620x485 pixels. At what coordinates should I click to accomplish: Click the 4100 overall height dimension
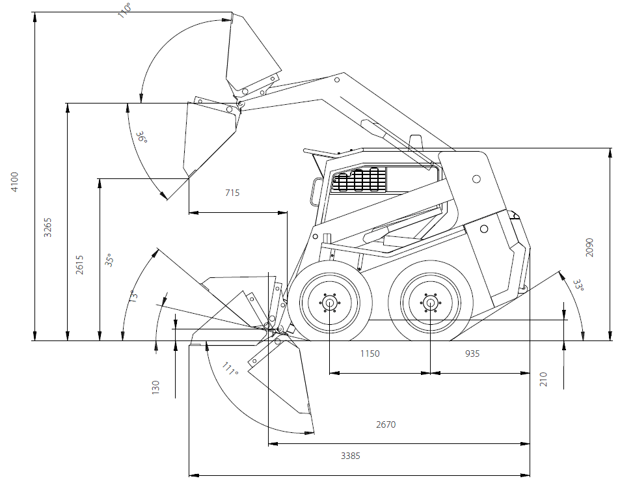pyautogui.click(x=15, y=182)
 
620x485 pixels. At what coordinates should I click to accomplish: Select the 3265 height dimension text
pyautogui.click(x=47, y=226)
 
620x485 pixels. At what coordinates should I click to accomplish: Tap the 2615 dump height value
pyautogui.click(x=79, y=264)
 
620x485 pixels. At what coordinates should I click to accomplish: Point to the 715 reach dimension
pyautogui.click(x=232, y=193)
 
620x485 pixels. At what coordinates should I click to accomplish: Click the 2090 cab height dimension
pyautogui.click(x=590, y=247)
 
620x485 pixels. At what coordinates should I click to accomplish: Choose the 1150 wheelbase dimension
pyautogui.click(x=370, y=353)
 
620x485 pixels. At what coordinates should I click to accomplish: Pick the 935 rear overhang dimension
pyautogui.click(x=472, y=353)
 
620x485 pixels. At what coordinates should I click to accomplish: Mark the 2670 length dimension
pyautogui.click(x=386, y=424)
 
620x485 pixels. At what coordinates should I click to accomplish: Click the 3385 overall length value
pyautogui.click(x=351, y=456)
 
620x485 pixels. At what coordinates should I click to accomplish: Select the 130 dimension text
pyautogui.click(x=155, y=387)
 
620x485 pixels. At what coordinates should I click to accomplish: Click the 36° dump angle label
pyautogui.click(x=141, y=137)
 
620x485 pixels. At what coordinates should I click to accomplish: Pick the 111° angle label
pyautogui.click(x=228, y=369)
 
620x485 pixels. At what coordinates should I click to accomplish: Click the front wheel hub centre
pyautogui.click(x=330, y=303)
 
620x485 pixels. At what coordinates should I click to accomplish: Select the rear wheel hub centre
pyautogui.click(x=430, y=303)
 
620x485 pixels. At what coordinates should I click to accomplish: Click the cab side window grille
pyautogui.click(x=358, y=180)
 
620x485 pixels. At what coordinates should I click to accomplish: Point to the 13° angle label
pyautogui.click(x=133, y=296)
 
